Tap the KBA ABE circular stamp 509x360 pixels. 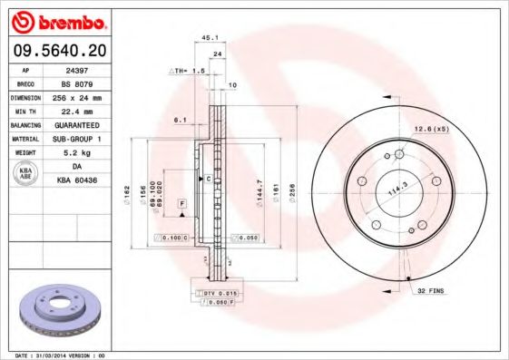point(26,174)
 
